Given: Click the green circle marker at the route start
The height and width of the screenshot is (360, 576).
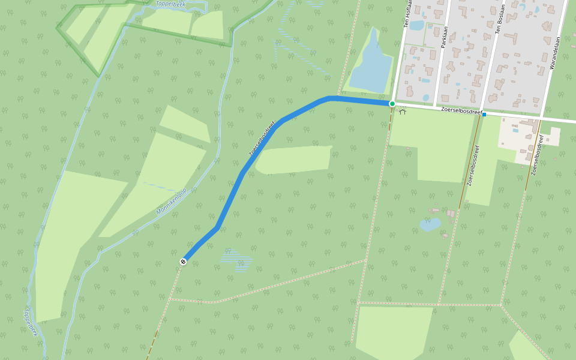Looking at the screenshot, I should pyautogui.click(x=392, y=104).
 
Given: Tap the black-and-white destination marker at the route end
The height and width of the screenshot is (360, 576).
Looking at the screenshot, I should pyautogui.click(x=183, y=262).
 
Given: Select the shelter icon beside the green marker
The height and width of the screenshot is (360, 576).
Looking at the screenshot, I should pyautogui.click(x=403, y=111).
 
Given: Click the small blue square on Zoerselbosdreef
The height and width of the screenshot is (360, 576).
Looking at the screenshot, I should pyautogui.click(x=484, y=114).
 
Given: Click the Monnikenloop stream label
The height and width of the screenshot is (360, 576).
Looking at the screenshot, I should pyautogui.click(x=172, y=202).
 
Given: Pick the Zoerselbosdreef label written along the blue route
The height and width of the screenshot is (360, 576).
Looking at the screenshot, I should pyautogui.click(x=262, y=139).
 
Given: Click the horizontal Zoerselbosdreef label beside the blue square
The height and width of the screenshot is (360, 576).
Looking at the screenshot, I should pyautogui.click(x=461, y=110).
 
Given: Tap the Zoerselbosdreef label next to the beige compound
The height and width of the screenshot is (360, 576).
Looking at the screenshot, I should pyautogui.click(x=538, y=155).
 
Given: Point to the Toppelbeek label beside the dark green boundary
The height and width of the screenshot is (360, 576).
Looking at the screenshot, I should pyautogui.click(x=170, y=4).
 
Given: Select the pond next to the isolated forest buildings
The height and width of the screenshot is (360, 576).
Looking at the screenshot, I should pyautogui.click(x=430, y=225).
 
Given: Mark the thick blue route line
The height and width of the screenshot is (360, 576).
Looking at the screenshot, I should pyautogui.click(x=230, y=200).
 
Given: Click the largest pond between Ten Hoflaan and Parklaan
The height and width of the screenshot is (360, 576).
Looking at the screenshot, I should pyautogui.click(x=416, y=26).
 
